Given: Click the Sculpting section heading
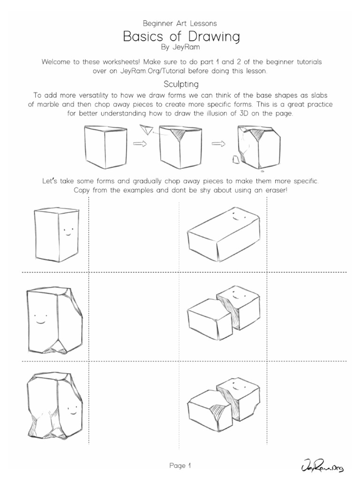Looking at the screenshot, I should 181,84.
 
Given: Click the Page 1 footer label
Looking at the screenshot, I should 180,466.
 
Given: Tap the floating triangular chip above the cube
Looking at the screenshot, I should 147,129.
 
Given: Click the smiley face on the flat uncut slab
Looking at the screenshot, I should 238,218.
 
